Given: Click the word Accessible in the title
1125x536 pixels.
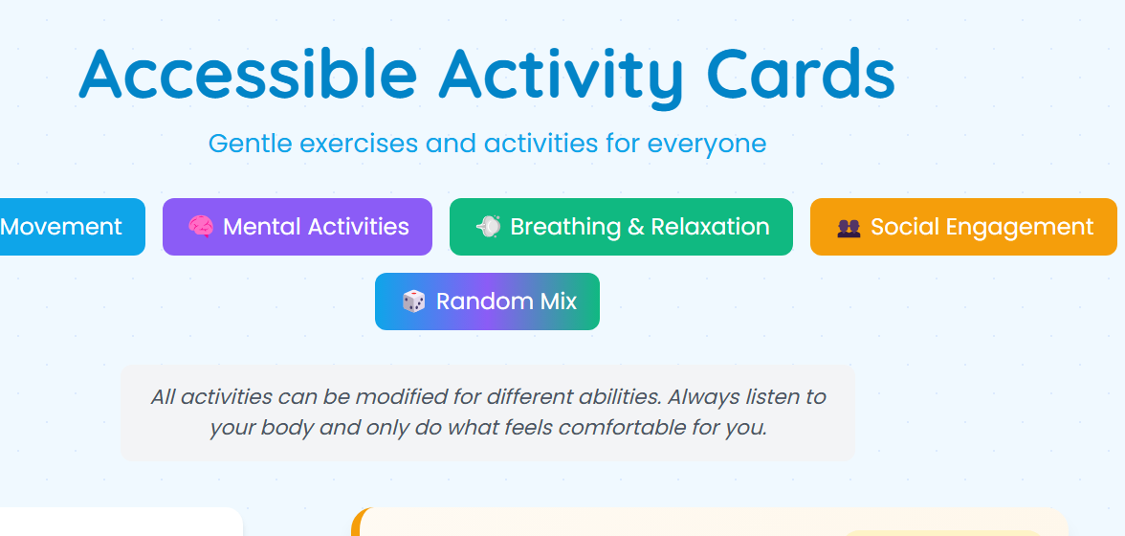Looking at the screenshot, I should click(248, 75).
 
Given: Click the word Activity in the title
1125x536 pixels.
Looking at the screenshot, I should click(561, 75).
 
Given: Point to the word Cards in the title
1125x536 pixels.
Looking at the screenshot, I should click(801, 75).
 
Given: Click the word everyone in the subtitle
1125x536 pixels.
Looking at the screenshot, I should click(707, 145).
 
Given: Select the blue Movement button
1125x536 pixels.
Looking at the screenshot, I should click(67, 227).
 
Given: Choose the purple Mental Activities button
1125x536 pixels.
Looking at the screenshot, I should click(298, 227).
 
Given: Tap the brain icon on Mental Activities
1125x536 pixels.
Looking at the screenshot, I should click(200, 227).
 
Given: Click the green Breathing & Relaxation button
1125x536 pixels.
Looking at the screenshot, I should click(621, 227).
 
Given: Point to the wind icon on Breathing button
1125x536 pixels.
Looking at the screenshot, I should click(488, 227).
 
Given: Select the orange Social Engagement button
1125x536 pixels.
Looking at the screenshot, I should click(963, 227).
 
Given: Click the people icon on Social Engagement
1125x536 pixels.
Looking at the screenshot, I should click(849, 228).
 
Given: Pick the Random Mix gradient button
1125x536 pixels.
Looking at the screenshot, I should click(487, 301).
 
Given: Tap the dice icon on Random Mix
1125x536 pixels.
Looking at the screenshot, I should click(413, 301).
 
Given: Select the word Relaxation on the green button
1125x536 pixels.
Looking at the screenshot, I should click(710, 227).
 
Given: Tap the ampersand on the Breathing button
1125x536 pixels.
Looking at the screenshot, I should click(636, 228).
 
